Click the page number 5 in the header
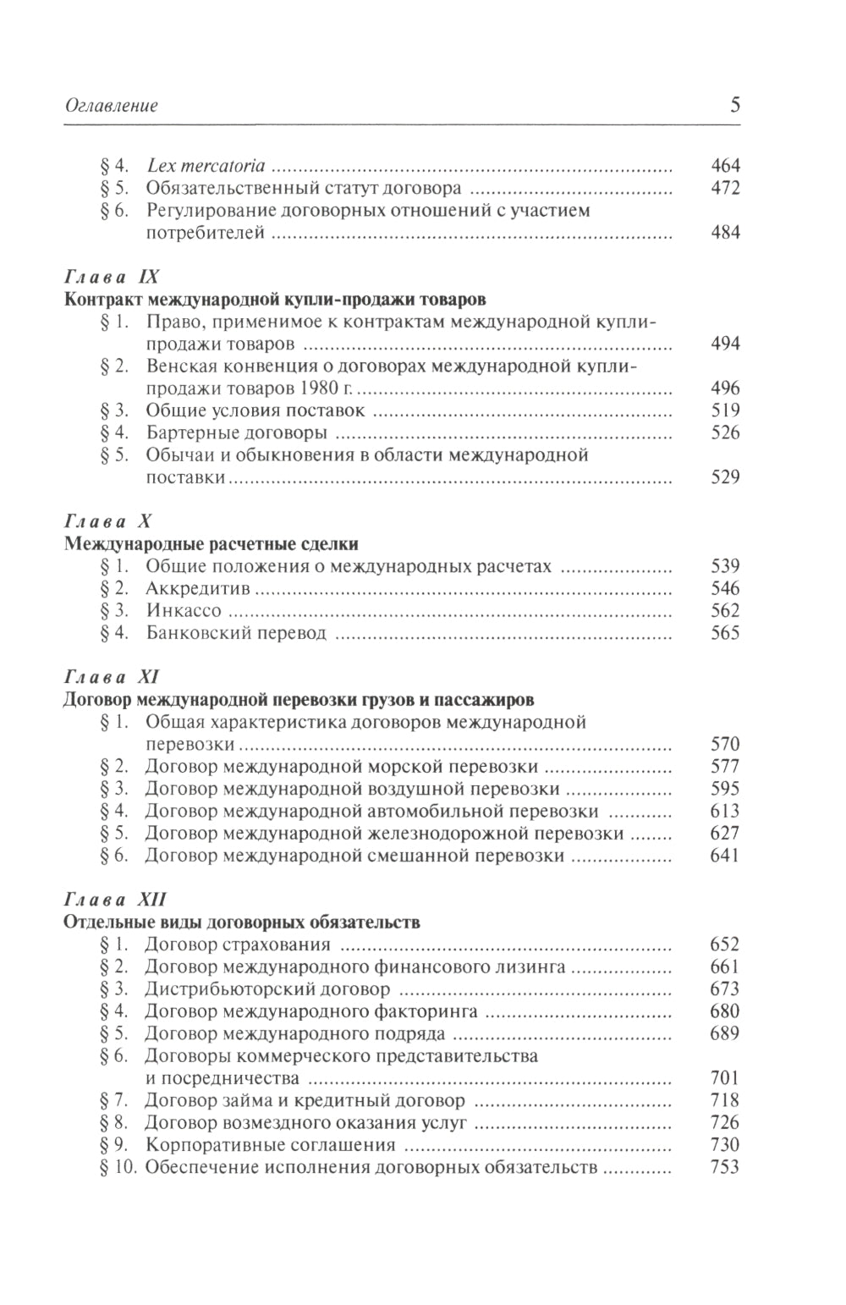point(734,106)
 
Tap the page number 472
point(725,188)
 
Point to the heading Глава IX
point(112,277)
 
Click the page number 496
point(725,388)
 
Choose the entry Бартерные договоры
point(236,432)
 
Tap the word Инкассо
point(184,610)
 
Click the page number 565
point(725,632)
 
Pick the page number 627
point(725,833)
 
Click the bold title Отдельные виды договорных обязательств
point(242,922)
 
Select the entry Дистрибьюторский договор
point(267,988)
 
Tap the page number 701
point(725,1077)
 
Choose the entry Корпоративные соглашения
point(271,1145)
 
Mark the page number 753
point(725,1167)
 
